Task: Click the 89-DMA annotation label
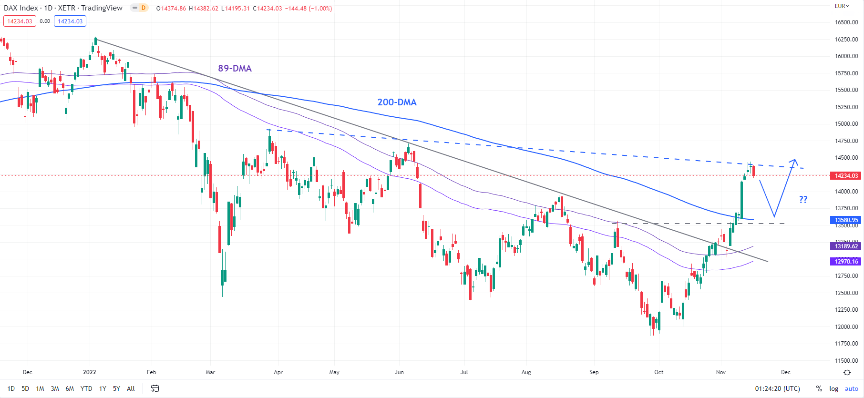[x=235, y=68]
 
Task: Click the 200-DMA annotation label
[x=397, y=102]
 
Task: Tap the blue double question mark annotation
[x=803, y=200]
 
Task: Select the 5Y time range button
[x=116, y=388]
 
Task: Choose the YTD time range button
[x=86, y=388]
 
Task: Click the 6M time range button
[x=70, y=388]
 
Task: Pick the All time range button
[x=131, y=388]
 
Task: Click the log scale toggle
[x=833, y=388]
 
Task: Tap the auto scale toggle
[x=851, y=388]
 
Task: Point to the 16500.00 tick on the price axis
[x=846, y=22]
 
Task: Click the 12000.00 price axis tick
[x=846, y=327]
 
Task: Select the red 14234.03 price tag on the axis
[x=846, y=176]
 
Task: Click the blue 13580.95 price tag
[x=846, y=220]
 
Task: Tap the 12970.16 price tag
[x=846, y=261]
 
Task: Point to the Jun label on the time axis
[x=399, y=372]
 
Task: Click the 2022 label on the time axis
[x=90, y=372]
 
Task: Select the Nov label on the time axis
[x=720, y=372]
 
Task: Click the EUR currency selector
[x=842, y=6]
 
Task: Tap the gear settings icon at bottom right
[x=847, y=372]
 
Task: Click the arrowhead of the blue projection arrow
[x=794, y=161]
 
